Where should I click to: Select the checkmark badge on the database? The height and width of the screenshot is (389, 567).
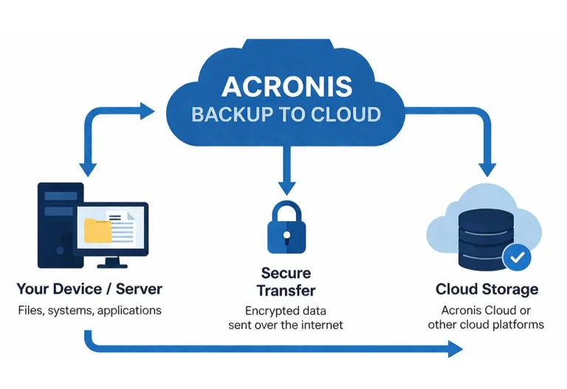click(x=518, y=257)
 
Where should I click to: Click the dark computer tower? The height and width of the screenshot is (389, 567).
click(x=57, y=222)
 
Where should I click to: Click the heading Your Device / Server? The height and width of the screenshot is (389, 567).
click(x=89, y=288)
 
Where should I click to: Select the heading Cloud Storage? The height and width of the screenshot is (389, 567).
click(x=487, y=288)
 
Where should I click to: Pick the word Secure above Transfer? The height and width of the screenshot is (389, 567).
click(x=286, y=274)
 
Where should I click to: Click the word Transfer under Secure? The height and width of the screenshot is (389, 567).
click(x=286, y=290)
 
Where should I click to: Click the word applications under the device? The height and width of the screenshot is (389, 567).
click(x=128, y=309)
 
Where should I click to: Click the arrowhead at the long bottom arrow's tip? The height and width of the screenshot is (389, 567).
click(x=453, y=349)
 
